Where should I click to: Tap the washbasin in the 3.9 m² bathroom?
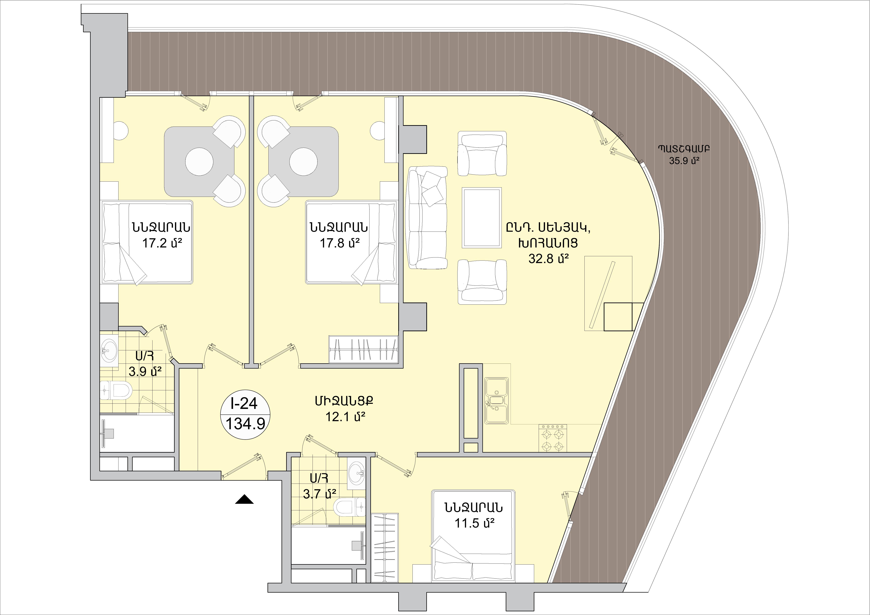point(109,351)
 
